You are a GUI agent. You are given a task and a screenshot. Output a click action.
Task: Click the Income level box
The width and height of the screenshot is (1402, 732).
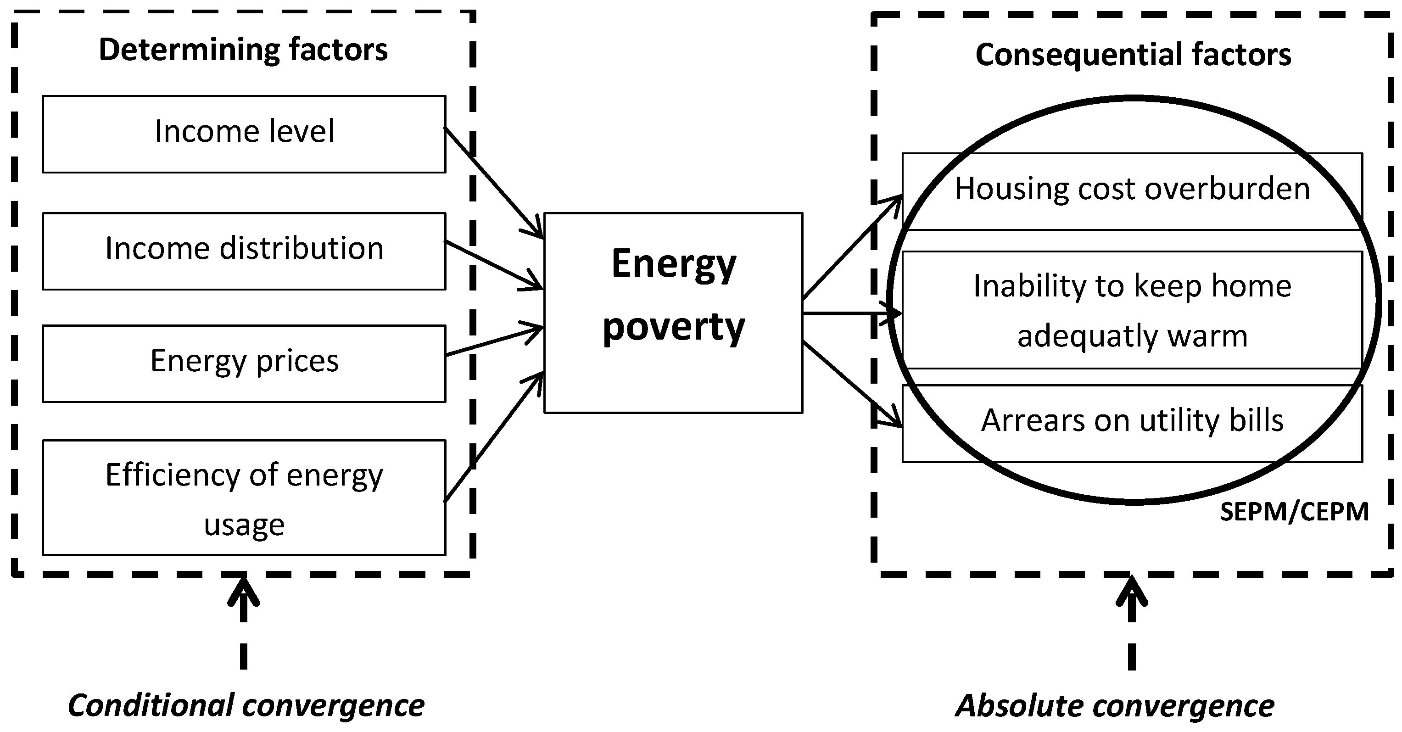pos(244,134)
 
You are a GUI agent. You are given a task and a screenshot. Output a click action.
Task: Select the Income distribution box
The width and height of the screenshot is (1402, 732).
pos(244,251)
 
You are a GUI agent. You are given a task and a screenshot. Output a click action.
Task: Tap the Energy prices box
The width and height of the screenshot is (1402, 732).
pos(244,363)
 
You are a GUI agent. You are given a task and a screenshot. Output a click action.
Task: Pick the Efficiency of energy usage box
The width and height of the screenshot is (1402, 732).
pos(244,497)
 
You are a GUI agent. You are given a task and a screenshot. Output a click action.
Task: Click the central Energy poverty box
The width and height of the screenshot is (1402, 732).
pos(673,313)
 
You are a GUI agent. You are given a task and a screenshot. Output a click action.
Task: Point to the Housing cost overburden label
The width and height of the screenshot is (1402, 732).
pos(1132,189)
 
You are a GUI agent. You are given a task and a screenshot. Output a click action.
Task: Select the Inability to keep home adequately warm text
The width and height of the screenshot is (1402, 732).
pos(1132,310)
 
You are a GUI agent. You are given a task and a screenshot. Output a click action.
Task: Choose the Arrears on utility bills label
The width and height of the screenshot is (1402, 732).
pos(1132,421)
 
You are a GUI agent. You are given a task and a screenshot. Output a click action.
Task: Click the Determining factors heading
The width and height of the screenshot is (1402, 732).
pos(243,50)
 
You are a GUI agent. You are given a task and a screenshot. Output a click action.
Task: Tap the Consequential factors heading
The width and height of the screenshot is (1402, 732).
pos(1133,55)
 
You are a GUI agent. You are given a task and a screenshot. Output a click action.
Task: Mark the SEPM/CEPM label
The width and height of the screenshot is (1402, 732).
pos(1294,512)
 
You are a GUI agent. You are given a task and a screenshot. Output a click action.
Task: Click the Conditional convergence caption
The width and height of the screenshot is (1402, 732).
pos(246,706)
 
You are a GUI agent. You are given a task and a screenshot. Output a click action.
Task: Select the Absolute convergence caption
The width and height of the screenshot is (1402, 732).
pos(1115,706)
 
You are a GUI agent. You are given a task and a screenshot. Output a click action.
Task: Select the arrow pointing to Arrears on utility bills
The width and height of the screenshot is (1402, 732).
pos(852,384)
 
